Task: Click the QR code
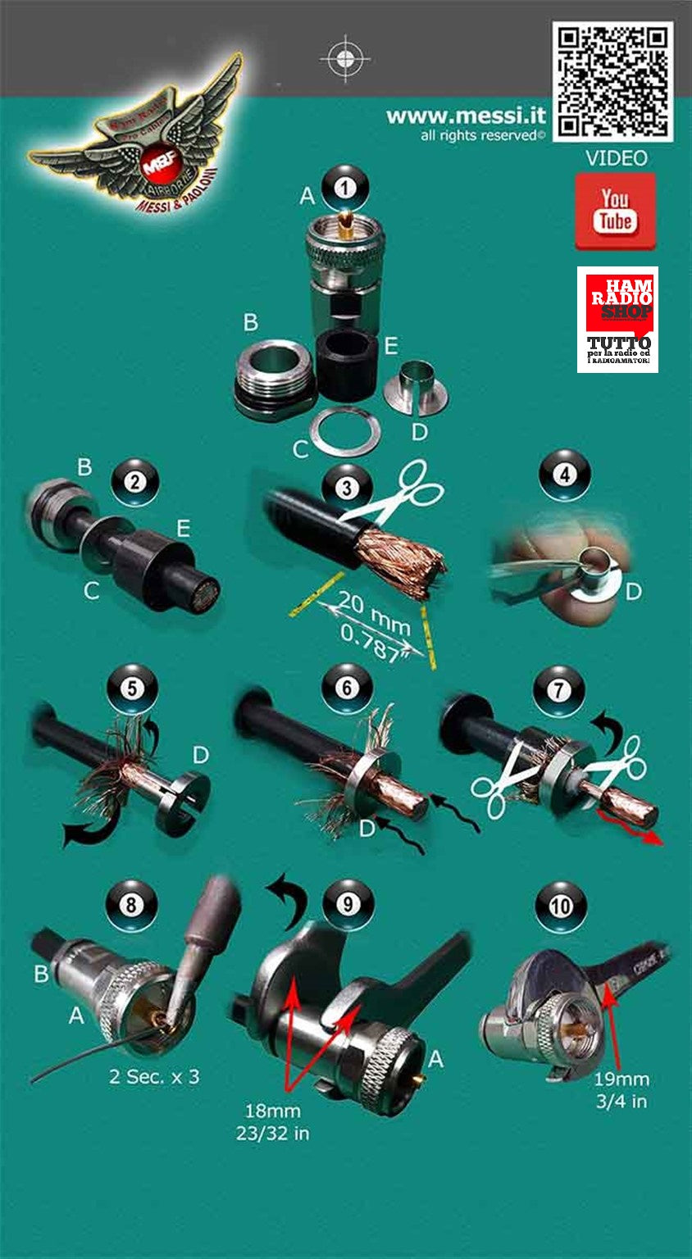click(x=613, y=81)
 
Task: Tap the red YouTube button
click(x=615, y=211)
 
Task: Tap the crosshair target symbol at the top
click(x=345, y=58)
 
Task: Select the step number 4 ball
click(x=565, y=475)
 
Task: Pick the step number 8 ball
click(x=131, y=906)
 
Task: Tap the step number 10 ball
click(x=561, y=906)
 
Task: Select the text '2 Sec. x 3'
click(x=154, y=1076)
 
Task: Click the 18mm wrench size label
click(x=273, y=1111)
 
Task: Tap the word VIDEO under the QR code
click(x=616, y=158)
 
